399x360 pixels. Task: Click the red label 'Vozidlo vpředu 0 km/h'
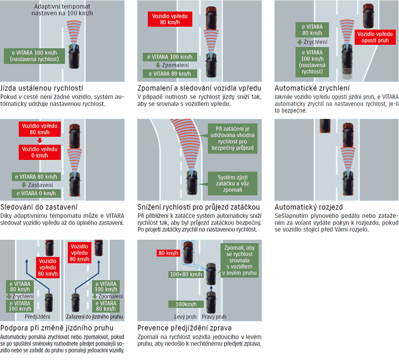[40, 151]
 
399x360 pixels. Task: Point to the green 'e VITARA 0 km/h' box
[36, 193]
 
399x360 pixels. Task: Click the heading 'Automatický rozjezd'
[309, 207]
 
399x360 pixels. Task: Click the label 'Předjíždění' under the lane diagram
[38, 317]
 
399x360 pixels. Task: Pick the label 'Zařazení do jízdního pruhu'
[94, 317]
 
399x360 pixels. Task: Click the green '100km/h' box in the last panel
[186, 305]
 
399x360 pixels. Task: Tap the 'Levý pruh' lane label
[186, 317]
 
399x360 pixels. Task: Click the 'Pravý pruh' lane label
[214, 317]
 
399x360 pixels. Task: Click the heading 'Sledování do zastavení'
[39, 207]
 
